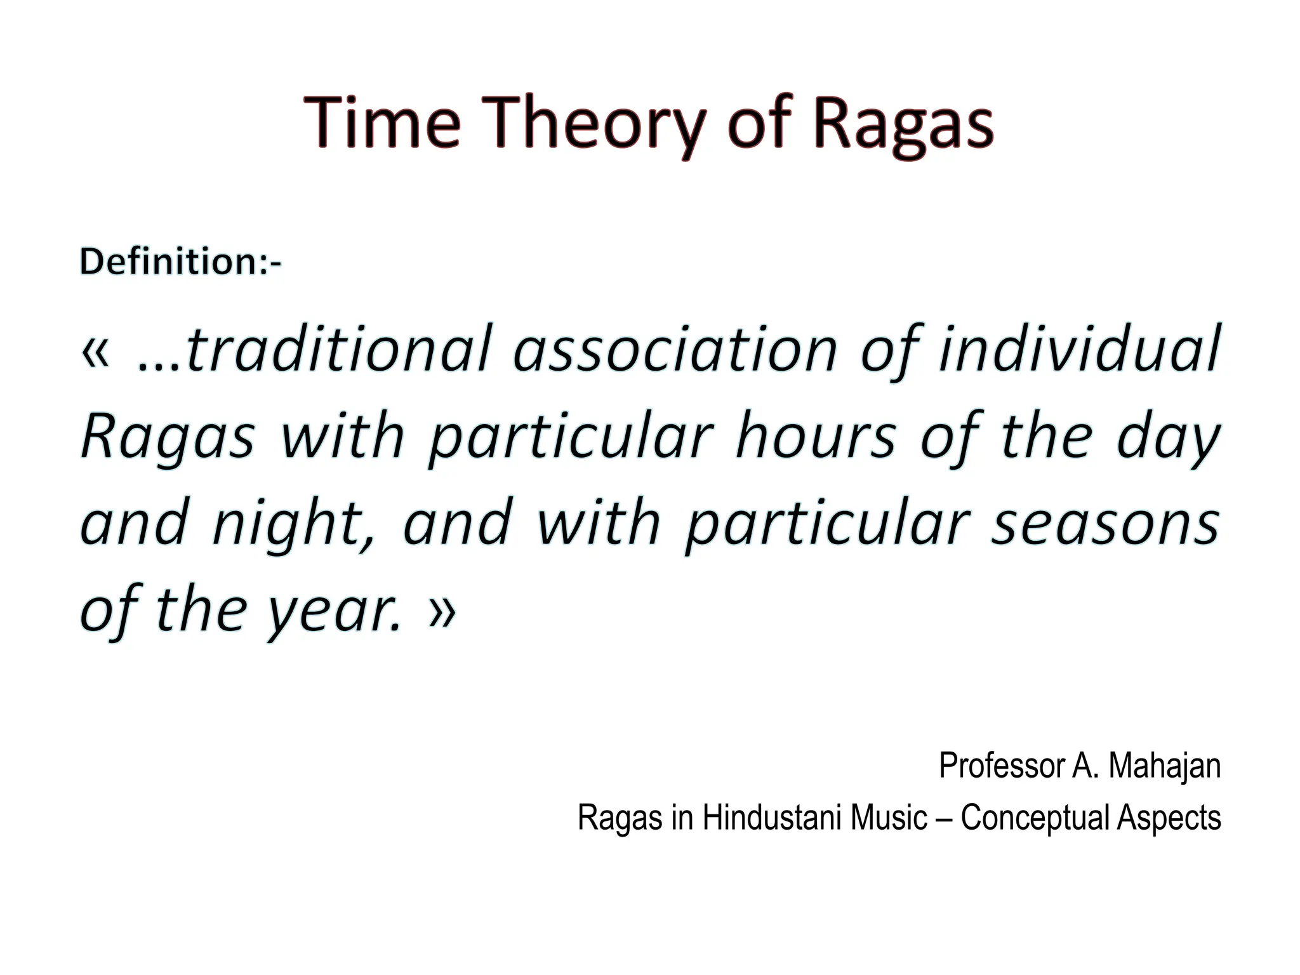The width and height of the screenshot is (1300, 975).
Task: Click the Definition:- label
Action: click(x=180, y=262)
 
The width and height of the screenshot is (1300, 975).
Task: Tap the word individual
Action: click(x=1078, y=350)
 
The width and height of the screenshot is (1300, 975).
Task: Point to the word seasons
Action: click(x=1105, y=524)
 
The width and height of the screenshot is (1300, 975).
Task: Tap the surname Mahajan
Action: click(x=1165, y=766)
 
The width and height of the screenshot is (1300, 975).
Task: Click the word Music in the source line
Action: click(x=889, y=818)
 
